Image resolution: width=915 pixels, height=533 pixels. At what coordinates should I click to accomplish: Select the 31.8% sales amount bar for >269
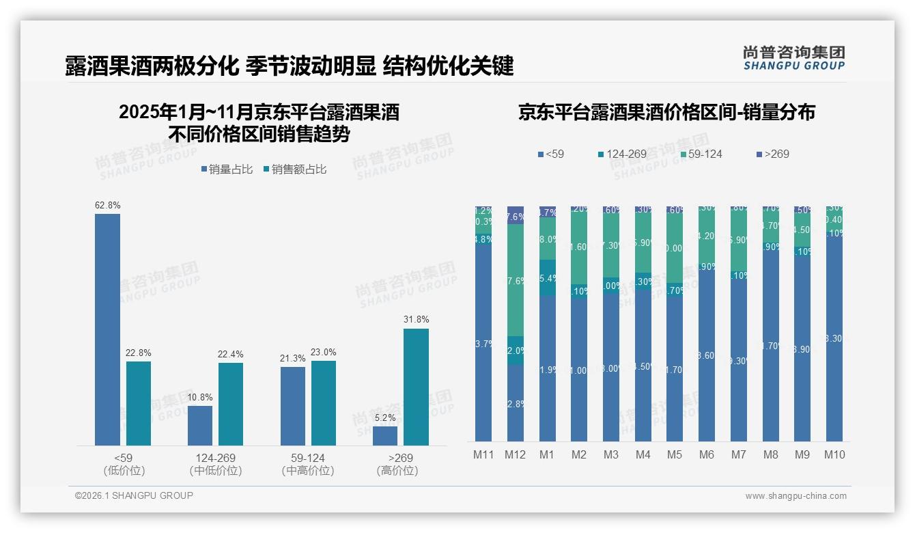(416, 387)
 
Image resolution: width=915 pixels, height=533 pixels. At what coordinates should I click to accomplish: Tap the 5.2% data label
(385, 418)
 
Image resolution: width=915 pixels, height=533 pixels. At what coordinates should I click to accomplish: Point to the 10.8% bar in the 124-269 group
(200, 425)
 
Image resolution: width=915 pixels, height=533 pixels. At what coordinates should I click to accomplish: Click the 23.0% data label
(324, 352)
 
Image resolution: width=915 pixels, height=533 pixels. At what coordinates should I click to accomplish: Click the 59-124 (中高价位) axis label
(307, 464)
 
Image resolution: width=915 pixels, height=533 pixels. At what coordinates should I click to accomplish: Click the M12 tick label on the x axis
(515, 454)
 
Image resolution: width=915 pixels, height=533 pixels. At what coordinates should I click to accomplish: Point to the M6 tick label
(707, 454)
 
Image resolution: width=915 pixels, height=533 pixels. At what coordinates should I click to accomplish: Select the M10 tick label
(834, 454)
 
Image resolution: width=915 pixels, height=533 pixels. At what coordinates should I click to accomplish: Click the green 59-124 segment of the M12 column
(515, 280)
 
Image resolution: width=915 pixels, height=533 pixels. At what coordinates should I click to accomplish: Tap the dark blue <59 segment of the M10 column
(834, 338)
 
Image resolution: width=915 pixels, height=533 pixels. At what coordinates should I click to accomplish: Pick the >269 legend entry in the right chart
(773, 154)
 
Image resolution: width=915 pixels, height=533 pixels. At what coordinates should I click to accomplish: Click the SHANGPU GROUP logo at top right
(793, 58)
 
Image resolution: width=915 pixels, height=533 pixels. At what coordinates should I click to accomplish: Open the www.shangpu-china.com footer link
(796, 496)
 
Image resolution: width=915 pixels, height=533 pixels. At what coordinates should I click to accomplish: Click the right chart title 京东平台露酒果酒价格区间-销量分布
(666, 113)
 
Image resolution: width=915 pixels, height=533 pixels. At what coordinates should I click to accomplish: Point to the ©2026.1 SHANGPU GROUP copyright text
(134, 495)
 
